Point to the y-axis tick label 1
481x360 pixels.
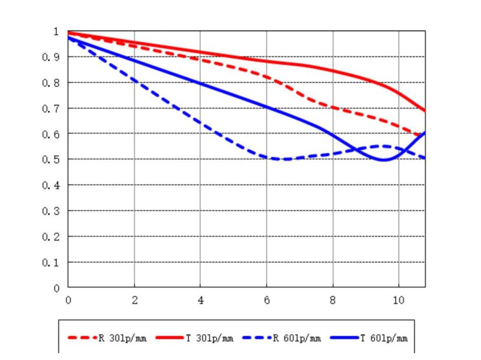point(56,32)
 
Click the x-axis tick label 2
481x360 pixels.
point(134,301)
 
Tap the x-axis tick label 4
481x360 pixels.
point(200,301)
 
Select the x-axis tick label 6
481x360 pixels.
point(267,301)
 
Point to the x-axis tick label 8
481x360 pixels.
point(333,301)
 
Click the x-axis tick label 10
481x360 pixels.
point(398,301)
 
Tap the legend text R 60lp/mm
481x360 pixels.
point(297,339)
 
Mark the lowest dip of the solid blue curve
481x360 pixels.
point(383,160)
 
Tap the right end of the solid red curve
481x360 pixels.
point(425,111)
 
